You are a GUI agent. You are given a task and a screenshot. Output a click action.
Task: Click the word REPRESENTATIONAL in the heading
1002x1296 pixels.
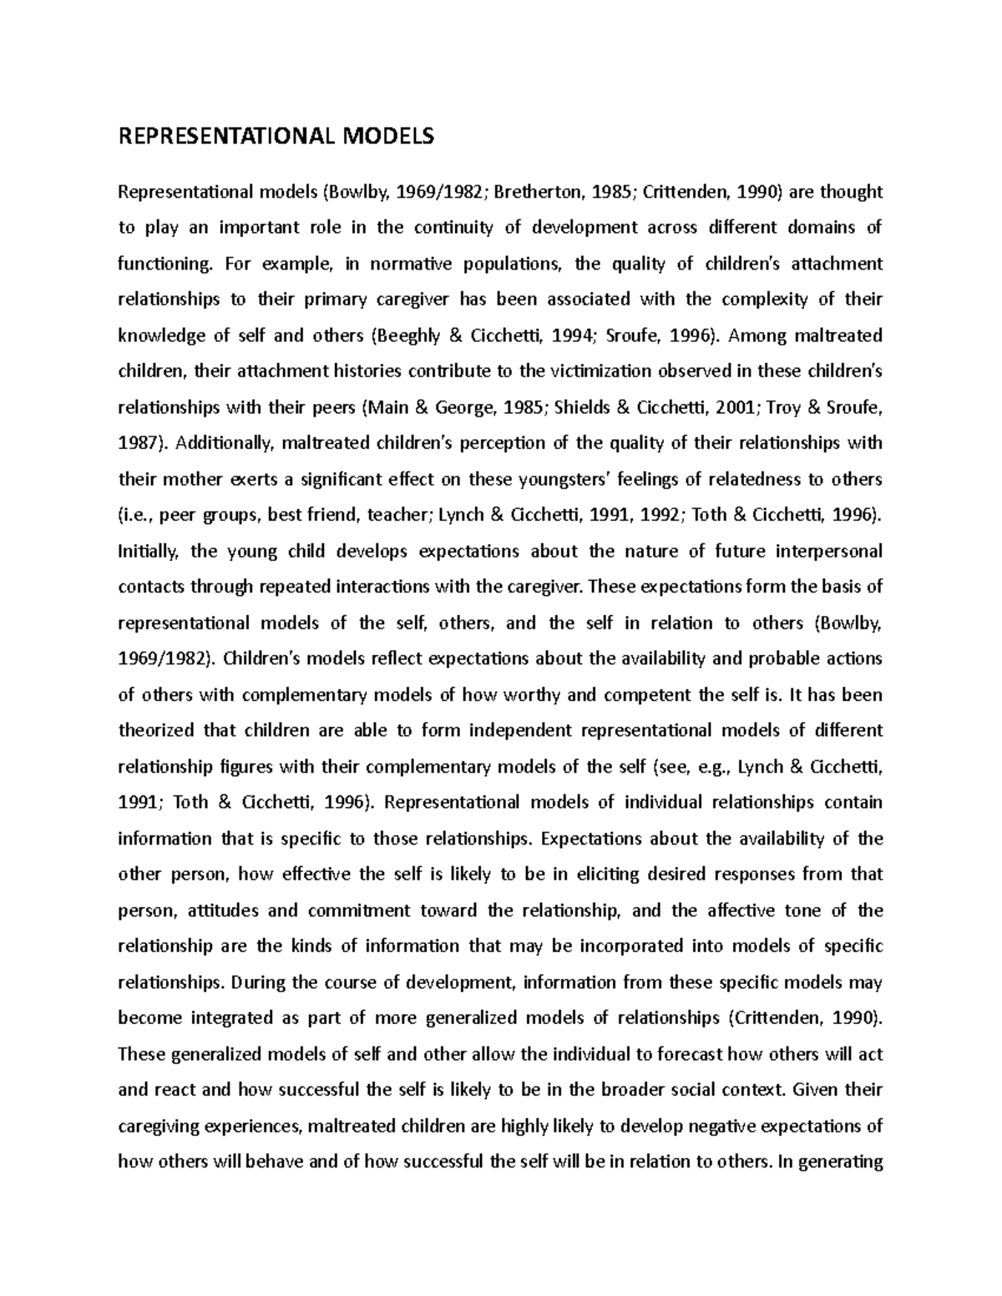(x=219, y=135)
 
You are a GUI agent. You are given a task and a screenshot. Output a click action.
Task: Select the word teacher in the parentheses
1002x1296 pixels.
(x=397, y=515)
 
